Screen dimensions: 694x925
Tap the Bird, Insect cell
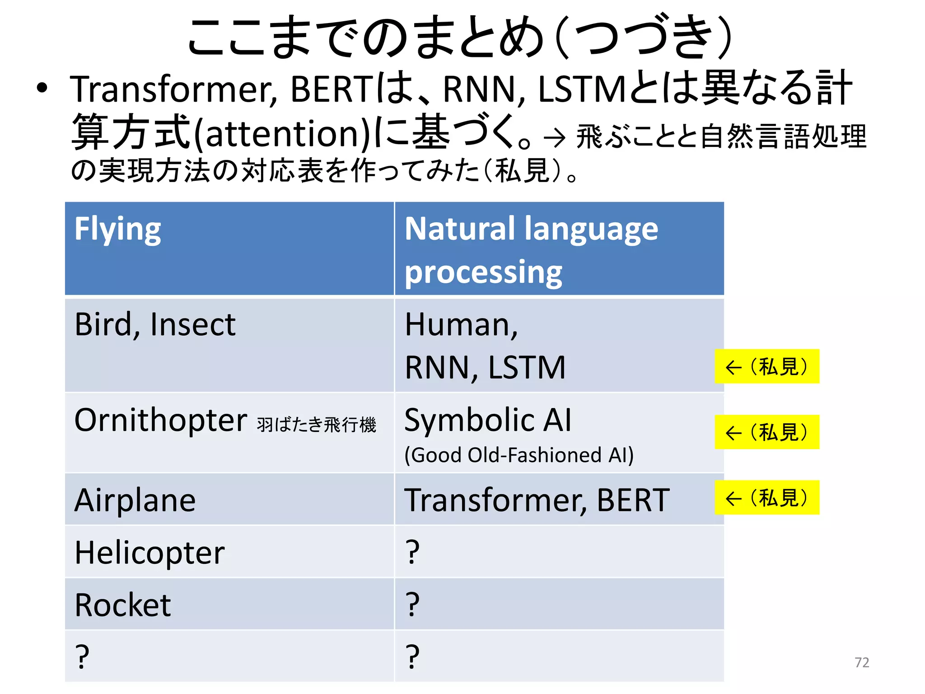click(x=155, y=324)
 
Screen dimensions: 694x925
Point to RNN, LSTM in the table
click(x=485, y=367)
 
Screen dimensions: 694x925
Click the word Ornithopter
click(x=161, y=420)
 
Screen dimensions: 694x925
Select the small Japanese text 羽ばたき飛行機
click(x=316, y=425)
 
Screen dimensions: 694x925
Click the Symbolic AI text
click(x=488, y=420)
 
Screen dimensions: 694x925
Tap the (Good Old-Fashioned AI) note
click(x=519, y=455)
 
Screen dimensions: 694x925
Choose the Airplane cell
click(x=135, y=500)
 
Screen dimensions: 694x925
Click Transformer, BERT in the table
click(x=537, y=500)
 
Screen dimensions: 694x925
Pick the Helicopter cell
click(x=149, y=553)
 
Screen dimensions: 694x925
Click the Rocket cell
click(x=123, y=605)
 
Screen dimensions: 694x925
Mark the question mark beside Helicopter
click(x=412, y=553)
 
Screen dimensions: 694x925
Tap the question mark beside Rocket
click(x=412, y=605)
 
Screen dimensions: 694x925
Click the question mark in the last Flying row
click(x=82, y=657)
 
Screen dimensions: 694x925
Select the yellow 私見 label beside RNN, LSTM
click(x=766, y=366)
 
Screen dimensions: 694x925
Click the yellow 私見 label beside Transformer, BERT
click(x=766, y=497)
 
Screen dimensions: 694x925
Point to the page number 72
click(x=861, y=662)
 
